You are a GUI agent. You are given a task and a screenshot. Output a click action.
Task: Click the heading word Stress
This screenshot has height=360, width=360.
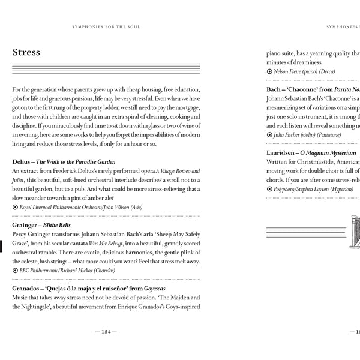click(26, 52)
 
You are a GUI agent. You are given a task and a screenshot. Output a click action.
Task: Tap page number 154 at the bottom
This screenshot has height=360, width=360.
click(106, 332)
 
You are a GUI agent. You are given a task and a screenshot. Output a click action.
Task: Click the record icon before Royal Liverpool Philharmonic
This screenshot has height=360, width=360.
click(15, 208)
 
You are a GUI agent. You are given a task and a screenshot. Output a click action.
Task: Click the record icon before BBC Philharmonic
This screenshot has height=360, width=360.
click(15, 271)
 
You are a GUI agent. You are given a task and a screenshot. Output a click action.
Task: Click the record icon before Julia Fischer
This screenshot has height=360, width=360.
click(269, 135)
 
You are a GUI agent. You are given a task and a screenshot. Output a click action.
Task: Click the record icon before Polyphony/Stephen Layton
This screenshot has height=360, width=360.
click(269, 190)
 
